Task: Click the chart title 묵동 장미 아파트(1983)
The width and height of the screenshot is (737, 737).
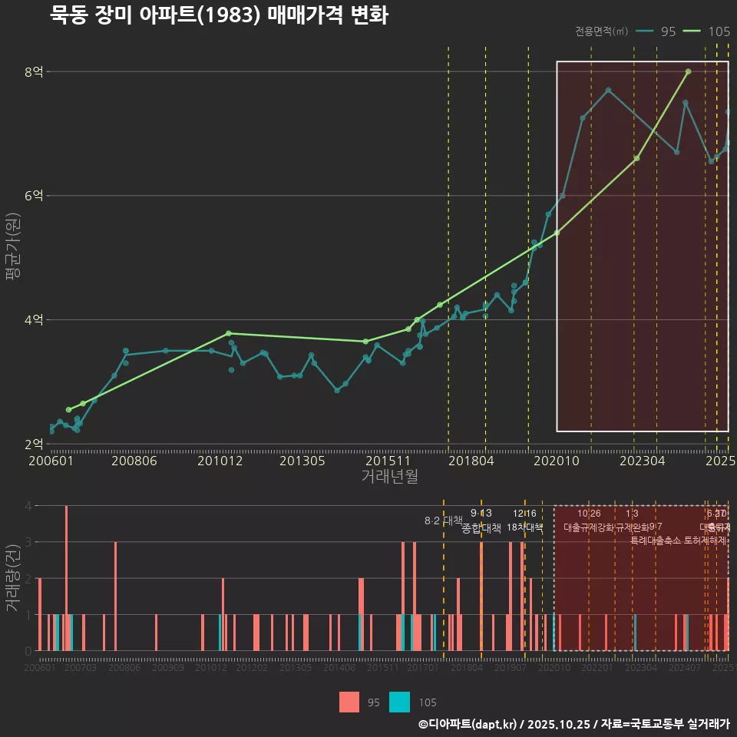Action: pyautogui.click(x=219, y=15)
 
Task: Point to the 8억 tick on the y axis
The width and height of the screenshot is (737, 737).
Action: pyautogui.click(x=34, y=72)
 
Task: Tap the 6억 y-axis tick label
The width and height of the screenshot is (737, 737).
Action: pyautogui.click(x=34, y=196)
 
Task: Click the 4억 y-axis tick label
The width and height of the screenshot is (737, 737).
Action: pyautogui.click(x=34, y=320)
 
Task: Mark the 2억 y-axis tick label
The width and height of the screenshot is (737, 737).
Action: pyautogui.click(x=34, y=445)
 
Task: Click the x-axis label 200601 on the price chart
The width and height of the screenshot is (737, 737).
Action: pyautogui.click(x=51, y=461)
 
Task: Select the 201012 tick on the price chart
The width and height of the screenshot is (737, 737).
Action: pyautogui.click(x=220, y=461)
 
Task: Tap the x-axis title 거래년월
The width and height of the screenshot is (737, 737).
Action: pyautogui.click(x=389, y=477)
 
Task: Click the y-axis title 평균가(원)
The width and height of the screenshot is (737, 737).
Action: pyautogui.click(x=13, y=258)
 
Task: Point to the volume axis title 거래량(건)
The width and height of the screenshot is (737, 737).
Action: pyautogui.click(x=13, y=578)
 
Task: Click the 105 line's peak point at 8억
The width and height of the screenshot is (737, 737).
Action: pyautogui.click(x=688, y=71)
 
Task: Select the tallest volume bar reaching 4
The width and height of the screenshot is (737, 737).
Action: pyautogui.click(x=67, y=578)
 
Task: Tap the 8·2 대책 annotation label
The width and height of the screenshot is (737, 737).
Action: pyautogui.click(x=444, y=521)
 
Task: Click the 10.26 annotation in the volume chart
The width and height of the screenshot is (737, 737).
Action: pyautogui.click(x=589, y=514)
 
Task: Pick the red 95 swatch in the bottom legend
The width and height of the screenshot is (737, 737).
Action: pyautogui.click(x=349, y=702)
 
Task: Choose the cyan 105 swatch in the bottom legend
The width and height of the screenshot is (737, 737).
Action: pyautogui.click(x=399, y=702)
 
